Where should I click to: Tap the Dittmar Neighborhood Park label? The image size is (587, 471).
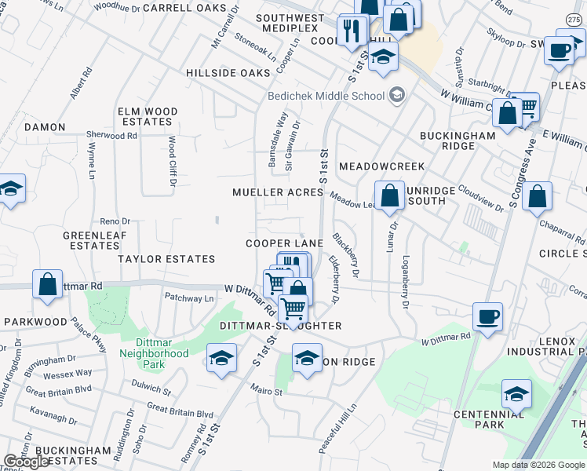(x=154, y=348)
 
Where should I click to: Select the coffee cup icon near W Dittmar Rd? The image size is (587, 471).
(x=488, y=317)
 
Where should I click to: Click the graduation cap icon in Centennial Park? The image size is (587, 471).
(x=516, y=393)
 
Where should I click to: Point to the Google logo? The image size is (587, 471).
(x=27, y=462)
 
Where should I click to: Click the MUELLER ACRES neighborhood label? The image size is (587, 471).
(x=278, y=193)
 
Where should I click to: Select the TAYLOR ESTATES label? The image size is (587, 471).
(x=166, y=259)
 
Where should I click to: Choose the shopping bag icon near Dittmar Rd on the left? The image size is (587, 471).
(x=48, y=283)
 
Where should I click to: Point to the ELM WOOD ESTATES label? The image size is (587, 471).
(x=148, y=117)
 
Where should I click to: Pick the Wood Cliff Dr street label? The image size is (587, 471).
(x=172, y=163)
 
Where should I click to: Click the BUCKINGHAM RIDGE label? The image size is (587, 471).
(x=458, y=141)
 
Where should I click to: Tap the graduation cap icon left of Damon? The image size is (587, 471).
(x=11, y=188)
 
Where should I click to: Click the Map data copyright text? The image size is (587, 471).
(x=538, y=465)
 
